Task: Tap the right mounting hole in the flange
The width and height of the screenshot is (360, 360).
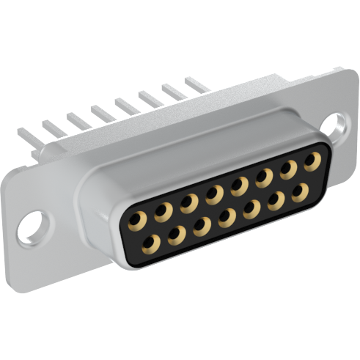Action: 335,123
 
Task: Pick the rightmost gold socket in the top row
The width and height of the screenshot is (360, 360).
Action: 312,161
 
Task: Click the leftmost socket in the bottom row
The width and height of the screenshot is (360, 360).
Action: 153,242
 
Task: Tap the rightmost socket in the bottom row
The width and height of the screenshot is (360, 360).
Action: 299,194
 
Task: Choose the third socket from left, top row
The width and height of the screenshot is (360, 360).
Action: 190,202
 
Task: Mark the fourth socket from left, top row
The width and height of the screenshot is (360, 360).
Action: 215,194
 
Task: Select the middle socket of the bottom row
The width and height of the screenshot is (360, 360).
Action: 227,217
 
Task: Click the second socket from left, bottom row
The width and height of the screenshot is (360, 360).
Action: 177,234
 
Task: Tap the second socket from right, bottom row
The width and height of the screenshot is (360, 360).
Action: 275,201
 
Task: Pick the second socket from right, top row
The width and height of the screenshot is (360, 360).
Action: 288,169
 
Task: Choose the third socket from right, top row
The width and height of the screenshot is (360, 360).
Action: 264,177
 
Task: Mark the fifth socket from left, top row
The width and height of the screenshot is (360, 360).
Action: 239,185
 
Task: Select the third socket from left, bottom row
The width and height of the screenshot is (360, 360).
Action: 202,226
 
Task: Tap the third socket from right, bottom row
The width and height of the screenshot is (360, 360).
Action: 251,209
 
